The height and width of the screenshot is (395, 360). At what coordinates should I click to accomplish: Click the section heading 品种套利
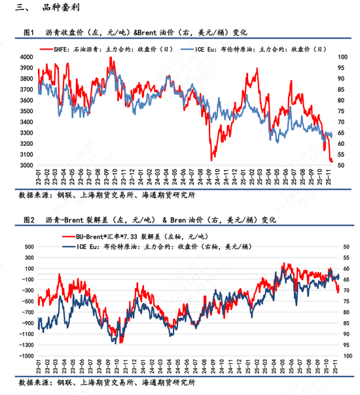[54, 9]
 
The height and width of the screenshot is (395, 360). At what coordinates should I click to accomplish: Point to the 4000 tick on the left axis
[26, 58]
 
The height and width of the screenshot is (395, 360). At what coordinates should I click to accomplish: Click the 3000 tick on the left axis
[26, 165]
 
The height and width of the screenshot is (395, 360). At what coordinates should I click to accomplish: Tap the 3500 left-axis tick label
[26, 112]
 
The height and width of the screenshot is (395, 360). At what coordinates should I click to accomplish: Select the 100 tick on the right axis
[344, 58]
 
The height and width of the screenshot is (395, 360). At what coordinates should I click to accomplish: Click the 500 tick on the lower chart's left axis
[27, 248]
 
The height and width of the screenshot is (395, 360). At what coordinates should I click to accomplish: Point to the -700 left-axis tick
[26, 313]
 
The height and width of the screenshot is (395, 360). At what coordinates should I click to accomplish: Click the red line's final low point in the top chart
[332, 161]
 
